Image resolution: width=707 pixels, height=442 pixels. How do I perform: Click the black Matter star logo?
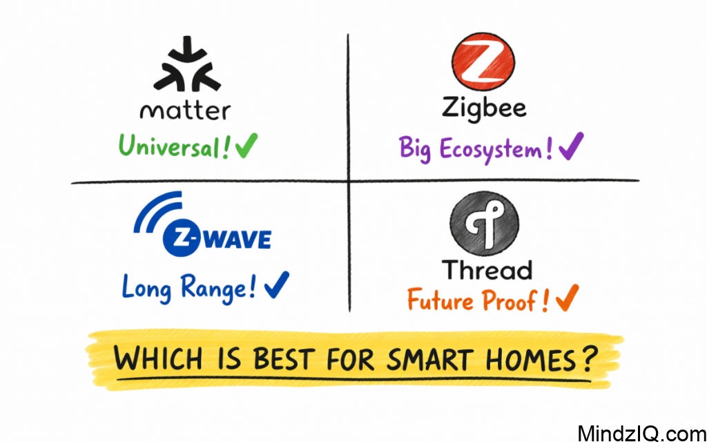(x=185, y=68)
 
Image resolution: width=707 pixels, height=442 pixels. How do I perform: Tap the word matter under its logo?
(x=185, y=110)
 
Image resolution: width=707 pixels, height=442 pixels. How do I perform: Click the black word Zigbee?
(x=483, y=108)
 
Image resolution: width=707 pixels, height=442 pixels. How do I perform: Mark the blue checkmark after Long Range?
(x=275, y=284)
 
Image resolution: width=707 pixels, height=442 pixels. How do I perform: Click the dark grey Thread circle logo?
(x=484, y=223)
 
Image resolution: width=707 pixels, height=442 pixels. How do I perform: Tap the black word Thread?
(x=487, y=270)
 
